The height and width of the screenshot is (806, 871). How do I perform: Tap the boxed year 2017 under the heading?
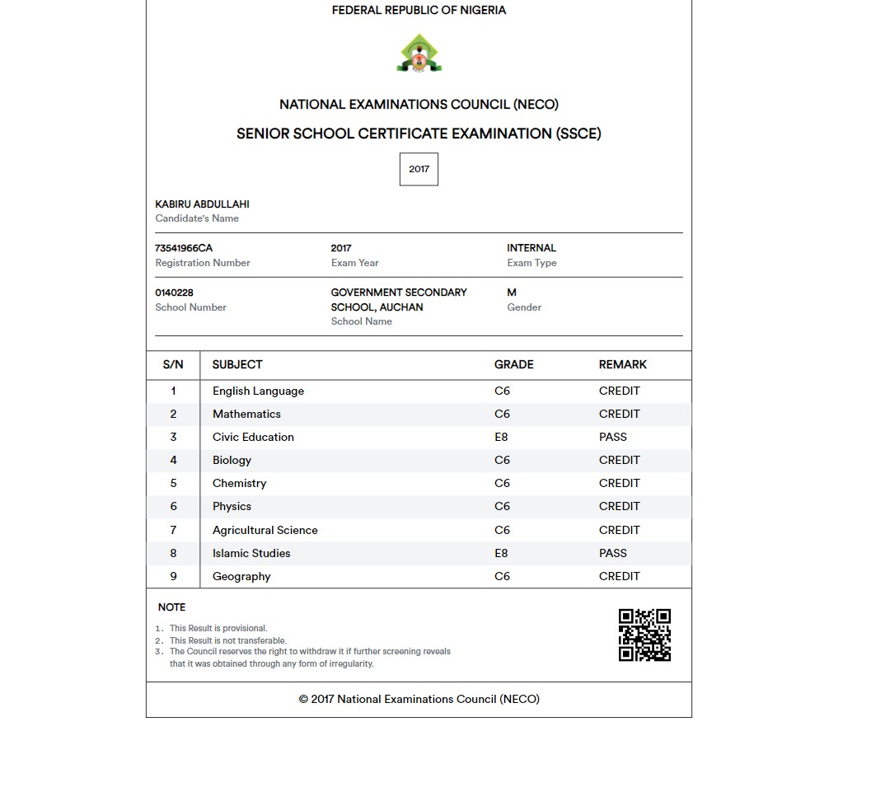tap(419, 169)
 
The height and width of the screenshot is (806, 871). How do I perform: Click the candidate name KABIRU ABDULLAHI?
tap(202, 204)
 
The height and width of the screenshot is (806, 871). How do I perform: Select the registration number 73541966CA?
tap(184, 248)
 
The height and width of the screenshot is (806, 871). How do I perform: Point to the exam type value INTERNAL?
tap(531, 248)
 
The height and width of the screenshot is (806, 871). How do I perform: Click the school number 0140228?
tap(174, 293)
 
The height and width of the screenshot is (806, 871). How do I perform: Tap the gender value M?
tap(512, 293)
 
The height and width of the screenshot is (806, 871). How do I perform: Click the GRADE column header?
tap(513, 364)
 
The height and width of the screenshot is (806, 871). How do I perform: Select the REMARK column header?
tap(622, 364)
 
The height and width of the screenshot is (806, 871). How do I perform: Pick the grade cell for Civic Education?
tap(501, 437)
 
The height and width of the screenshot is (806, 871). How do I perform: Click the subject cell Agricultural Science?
tap(265, 530)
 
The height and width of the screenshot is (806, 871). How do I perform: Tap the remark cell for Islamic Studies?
tap(612, 553)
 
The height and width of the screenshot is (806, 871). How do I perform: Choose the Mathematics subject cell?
tap(246, 414)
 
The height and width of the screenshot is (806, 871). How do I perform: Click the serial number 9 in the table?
tap(173, 576)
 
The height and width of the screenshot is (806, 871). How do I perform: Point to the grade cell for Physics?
tap(502, 506)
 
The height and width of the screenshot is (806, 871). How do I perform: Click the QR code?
tap(644, 635)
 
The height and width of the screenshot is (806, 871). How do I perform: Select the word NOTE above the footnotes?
tap(171, 607)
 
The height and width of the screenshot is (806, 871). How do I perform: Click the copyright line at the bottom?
tap(419, 699)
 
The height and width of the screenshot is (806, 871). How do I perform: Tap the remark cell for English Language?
tap(619, 391)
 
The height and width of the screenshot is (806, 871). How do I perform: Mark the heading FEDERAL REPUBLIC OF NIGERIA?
tap(419, 11)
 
